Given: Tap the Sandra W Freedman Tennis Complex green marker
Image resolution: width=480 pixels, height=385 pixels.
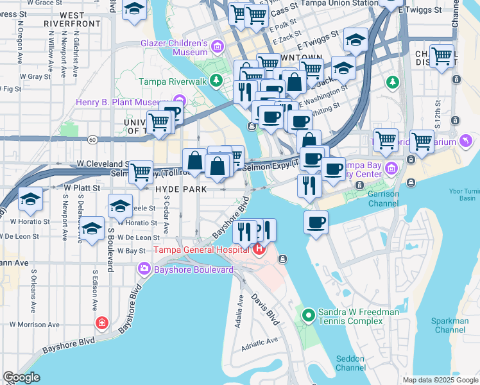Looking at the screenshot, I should [x=309, y=314].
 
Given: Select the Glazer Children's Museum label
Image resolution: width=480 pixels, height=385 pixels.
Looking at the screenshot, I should [x=174, y=45].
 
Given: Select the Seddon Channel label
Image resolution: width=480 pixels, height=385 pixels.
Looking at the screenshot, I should [x=350, y=363].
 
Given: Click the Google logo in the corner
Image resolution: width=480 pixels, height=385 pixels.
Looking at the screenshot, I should [x=21, y=377].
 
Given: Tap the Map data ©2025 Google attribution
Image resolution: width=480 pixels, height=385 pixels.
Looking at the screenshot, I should [x=440, y=380].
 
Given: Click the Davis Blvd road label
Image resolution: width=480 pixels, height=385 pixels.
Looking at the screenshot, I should [x=265, y=309].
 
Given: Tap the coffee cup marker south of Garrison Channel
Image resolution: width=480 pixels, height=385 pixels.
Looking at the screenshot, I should [x=315, y=223].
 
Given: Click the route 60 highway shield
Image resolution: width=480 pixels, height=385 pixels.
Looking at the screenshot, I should [x=94, y=138].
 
